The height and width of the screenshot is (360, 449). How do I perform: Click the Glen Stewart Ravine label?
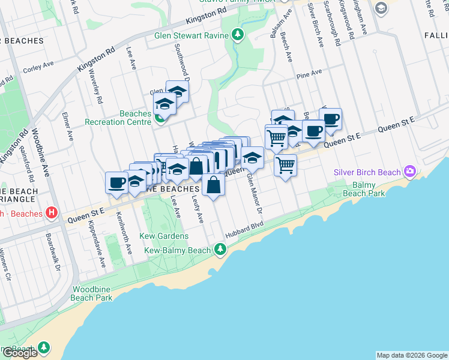(191, 35)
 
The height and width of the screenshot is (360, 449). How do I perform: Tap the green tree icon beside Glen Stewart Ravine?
(238, 35)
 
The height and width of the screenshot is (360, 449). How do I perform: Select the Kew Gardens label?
(164, 236)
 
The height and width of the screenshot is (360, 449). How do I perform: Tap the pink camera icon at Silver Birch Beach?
(409, 172)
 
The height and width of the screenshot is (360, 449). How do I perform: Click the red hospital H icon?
(52, 212)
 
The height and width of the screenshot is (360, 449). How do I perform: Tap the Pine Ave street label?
(309, 73)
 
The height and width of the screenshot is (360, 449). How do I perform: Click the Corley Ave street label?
(38, 69)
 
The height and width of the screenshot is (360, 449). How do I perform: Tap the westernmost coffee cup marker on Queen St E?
(116, 183)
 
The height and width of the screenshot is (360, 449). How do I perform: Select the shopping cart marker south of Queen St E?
(286, 165)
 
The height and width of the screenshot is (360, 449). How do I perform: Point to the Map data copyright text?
(412, 355)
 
